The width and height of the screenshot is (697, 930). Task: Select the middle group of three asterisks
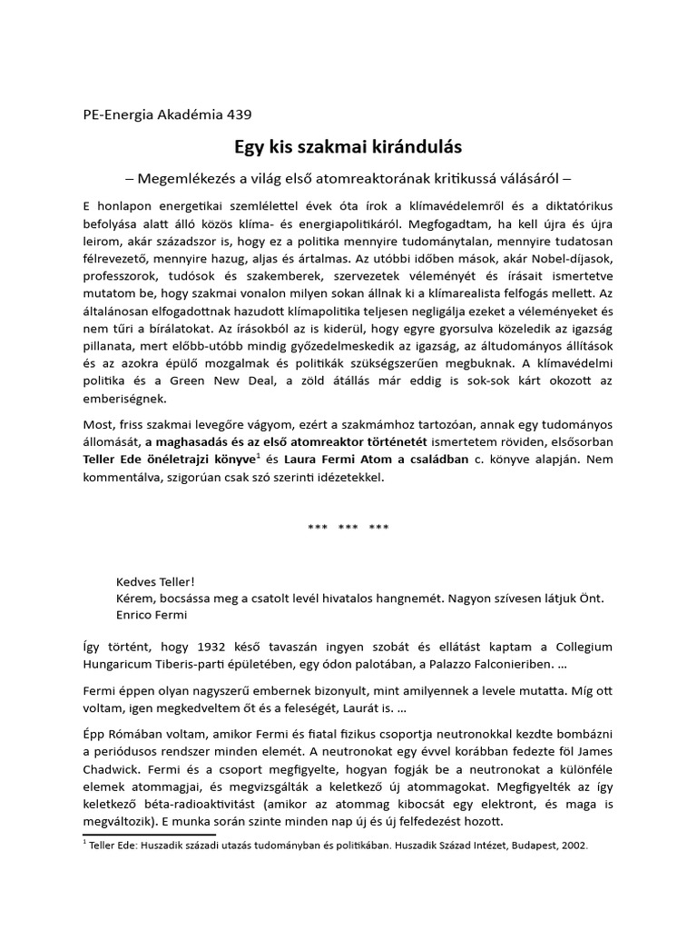pos(348,528)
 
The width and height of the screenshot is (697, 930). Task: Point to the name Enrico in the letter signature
pos(137,615)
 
